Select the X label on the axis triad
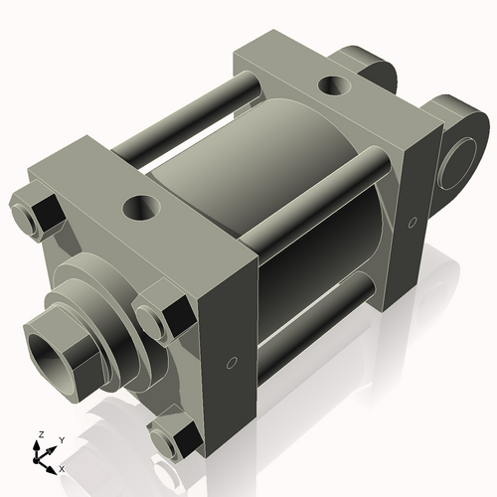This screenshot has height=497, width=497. pyautogui.click(x=63, y=467)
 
